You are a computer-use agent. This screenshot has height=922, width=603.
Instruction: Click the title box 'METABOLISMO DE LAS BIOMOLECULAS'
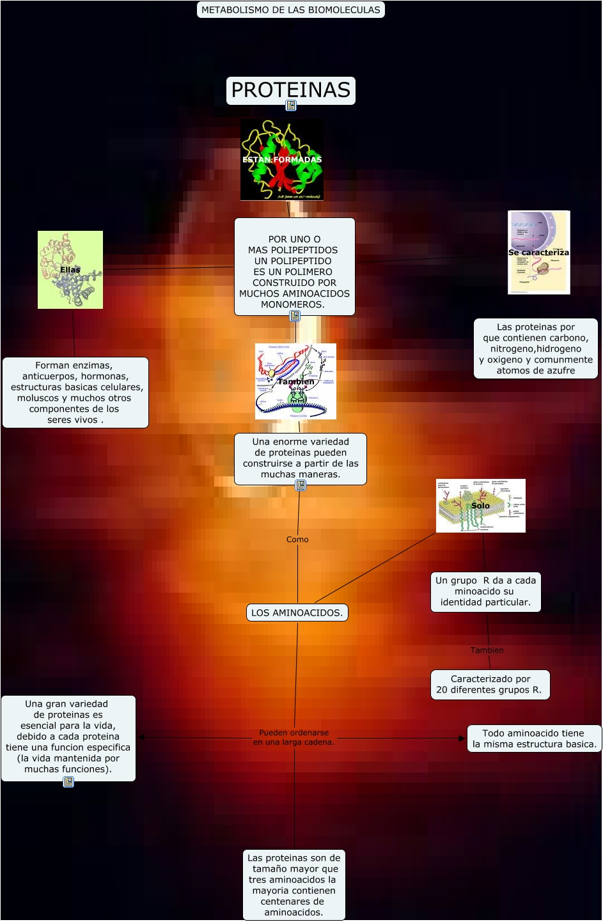pos(290,10)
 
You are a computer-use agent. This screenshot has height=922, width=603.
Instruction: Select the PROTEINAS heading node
pos(290,90)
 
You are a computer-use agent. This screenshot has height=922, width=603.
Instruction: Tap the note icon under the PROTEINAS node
pos(291,105)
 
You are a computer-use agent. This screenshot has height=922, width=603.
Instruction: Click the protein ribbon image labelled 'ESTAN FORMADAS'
pos(282,160)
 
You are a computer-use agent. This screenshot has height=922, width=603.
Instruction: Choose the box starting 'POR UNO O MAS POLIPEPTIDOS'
pos(294,267)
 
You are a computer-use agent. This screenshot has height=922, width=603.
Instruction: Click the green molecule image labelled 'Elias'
pos(70,270)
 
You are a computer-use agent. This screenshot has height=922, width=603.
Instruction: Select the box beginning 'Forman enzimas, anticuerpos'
pos(75,393)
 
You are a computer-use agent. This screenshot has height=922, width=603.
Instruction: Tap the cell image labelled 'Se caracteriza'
pos(538,253)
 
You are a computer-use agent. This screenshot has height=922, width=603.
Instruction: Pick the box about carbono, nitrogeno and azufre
pos(536,348)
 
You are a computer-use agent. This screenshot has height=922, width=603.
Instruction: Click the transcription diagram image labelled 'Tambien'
pos(295,382)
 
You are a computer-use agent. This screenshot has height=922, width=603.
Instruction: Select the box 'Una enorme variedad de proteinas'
pos(301,458)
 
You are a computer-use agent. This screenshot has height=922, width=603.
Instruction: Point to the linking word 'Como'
pos(297,540)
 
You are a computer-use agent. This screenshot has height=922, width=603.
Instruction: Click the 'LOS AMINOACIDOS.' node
pos(297,613)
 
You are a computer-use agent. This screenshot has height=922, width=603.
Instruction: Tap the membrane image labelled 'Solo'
pos(480,506)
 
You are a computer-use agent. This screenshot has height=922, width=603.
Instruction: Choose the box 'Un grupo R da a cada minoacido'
pos(485,591)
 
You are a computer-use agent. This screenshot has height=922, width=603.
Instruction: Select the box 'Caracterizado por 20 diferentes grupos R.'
pos(490,685)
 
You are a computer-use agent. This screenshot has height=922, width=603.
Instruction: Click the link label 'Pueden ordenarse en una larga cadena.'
pos(294,737)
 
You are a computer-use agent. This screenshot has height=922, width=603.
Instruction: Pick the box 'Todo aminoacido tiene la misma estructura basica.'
pos(534,738)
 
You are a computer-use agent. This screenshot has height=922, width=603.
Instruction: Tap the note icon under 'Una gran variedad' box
pos(68,782)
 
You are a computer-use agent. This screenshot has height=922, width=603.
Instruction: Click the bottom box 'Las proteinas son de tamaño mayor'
pos(294,885)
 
